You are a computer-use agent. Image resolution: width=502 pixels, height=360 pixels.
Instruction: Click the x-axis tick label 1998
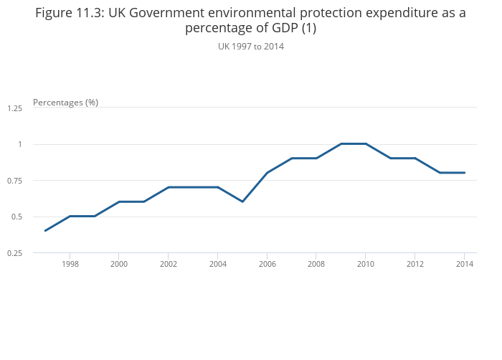[70, 264]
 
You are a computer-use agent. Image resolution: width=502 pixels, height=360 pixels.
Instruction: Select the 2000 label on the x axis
[119, 264]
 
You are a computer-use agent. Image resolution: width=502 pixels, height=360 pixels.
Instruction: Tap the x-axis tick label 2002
[168, 264]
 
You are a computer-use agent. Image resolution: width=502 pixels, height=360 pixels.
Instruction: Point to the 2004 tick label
[217, 264]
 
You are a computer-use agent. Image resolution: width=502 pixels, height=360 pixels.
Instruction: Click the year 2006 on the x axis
[267, 264]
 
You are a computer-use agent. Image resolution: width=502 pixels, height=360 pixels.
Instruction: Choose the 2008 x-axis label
[316, 264]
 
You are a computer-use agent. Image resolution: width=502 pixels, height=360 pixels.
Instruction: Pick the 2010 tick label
[366, 264]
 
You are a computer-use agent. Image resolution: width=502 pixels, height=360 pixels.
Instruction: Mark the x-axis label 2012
[415, 264]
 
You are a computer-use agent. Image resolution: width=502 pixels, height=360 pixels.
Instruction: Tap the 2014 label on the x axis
[464, 264]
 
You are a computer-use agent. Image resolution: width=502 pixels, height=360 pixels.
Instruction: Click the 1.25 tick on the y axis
[15, 108]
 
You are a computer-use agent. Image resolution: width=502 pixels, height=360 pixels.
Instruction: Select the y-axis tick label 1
[20, 144]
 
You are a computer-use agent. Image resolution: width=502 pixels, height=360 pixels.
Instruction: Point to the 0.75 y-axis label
[15, 181]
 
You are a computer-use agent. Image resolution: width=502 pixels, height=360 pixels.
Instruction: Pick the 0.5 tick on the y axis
[17, 217]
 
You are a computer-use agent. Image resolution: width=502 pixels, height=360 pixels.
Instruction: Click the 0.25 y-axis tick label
[15, 253]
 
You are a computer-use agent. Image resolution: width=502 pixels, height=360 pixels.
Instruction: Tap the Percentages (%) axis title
[65, 103]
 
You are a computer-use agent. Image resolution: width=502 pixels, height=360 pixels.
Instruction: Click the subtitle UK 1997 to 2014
[251, 47]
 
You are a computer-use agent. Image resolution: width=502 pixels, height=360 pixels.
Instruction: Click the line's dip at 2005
[242, 202]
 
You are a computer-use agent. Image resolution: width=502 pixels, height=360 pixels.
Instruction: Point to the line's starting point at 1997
[45, 230]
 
